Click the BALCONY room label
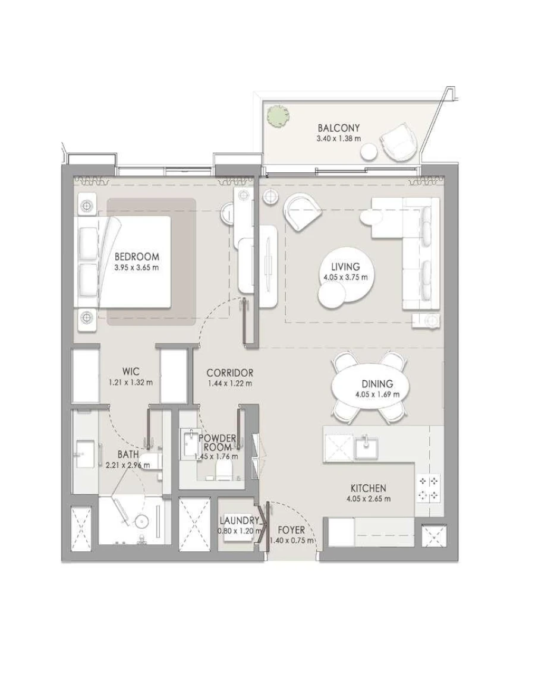click(x=338, y=128)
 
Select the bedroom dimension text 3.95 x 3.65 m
click(x=137, y=267)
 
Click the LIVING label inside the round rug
click(x=345, y=267)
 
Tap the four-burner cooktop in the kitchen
click(x=429, y=488)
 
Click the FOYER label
click(x=291, y=530)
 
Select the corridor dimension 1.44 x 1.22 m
click(x=230, y=383)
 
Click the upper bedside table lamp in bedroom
click(x=87, y=206)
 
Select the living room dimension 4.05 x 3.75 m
click(x=345, y=277)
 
